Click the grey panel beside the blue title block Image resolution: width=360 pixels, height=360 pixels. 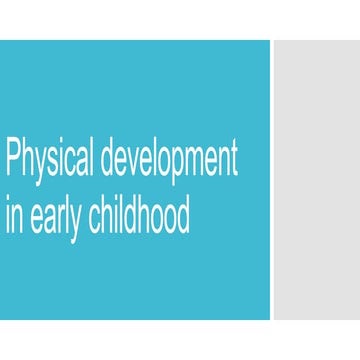(x=317, y=180)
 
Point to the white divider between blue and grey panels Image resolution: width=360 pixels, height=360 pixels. (x=272, y=180)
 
